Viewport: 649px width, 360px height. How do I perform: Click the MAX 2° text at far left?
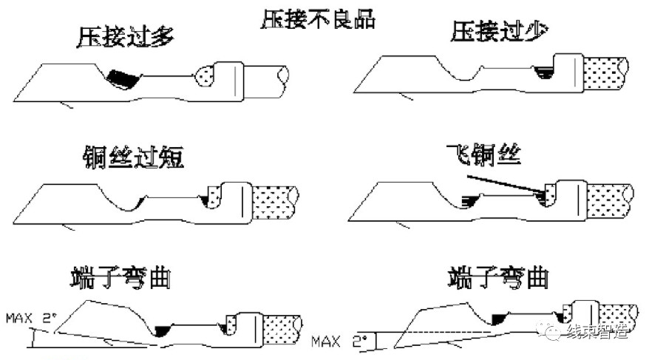pos(31,319)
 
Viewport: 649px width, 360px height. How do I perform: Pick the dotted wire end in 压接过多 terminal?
pos(207,74)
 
